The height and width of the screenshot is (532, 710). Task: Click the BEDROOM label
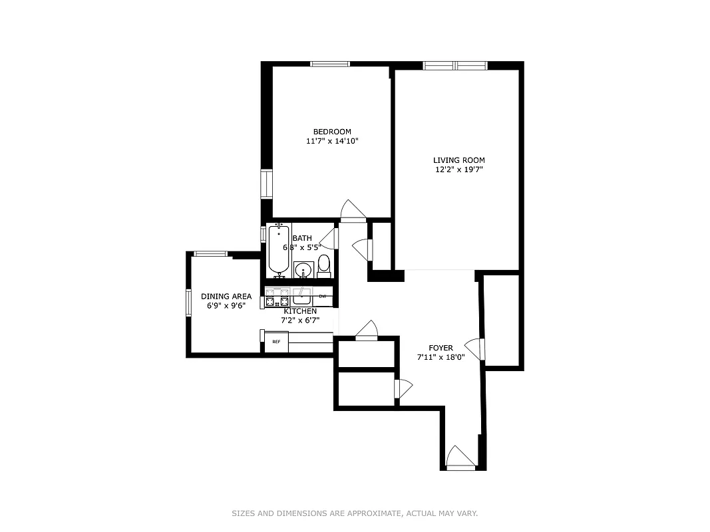tap(332, 132)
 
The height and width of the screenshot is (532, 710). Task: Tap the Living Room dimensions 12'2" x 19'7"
tap(458, 170)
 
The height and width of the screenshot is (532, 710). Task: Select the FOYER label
tap(441, 348)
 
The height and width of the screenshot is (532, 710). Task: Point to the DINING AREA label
tap(226, 297)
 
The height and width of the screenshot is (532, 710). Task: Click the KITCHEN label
tap(300, 311)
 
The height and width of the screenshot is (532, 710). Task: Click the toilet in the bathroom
tap(324, 265)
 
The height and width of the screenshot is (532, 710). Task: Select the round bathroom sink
tap(303, 270)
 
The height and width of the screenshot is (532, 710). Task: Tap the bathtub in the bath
tap(279, 250)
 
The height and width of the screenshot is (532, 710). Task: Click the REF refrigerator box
tap(276, 342)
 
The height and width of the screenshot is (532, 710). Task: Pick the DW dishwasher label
tap(323, 296)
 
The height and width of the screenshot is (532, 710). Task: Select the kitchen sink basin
tap(301, 296)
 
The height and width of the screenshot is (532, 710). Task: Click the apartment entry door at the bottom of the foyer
tap(460, 458)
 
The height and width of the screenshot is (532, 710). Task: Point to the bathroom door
tap(330, 238)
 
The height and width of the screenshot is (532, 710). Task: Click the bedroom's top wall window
tap(330, 64)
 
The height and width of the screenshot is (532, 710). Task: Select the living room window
tap(456, 65)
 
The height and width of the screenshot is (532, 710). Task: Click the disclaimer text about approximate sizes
tap(355, 513)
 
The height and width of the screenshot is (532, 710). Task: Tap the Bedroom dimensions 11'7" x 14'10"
tap(332, 141)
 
